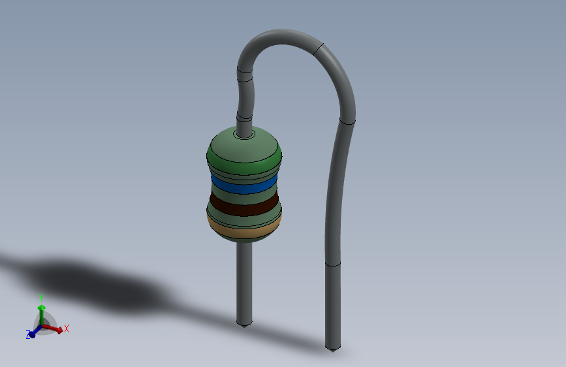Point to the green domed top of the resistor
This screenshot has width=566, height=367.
pos(244,149)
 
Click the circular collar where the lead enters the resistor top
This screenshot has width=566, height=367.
pos(244,135)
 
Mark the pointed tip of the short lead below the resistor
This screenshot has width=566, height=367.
pos(244,326)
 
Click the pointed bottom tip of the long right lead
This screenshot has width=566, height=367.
pos(333,351)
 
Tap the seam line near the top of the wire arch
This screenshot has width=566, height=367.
pos(318,50)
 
